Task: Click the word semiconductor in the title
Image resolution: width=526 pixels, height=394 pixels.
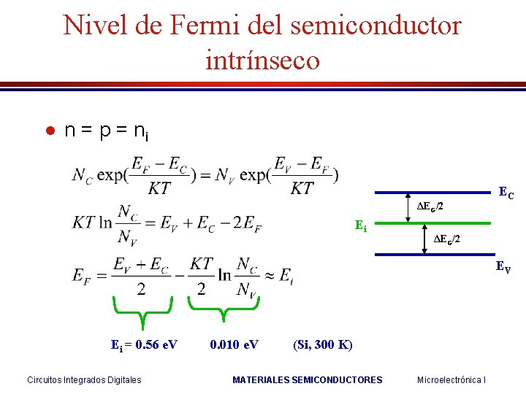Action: coord(376,26)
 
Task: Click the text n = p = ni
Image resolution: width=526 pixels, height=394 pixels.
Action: coord(106,131)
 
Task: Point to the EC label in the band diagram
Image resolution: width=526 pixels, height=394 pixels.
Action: coord(506,193)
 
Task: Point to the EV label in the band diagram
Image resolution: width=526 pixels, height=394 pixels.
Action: coord(503,266)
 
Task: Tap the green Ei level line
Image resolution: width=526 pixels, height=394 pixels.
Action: coord(446,223)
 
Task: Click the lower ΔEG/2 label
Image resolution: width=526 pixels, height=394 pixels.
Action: coord(446,239)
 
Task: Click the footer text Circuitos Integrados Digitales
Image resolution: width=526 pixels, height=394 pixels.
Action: coord(84,379)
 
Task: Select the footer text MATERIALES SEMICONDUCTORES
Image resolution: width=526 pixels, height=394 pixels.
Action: coord(307,379)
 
